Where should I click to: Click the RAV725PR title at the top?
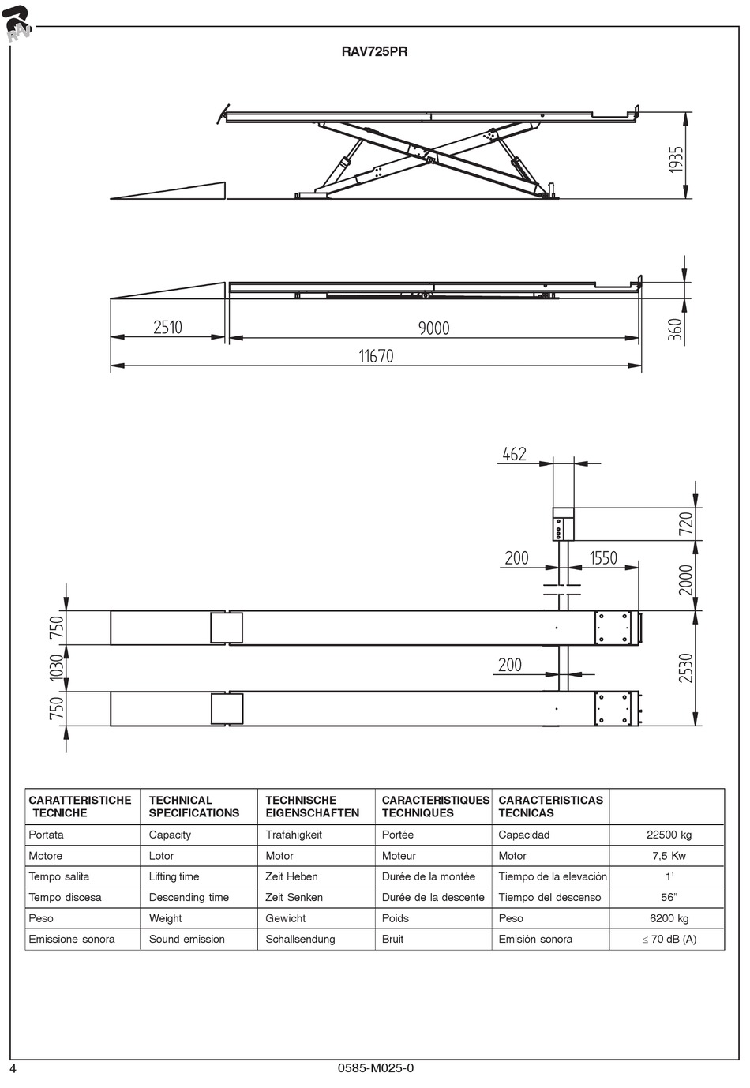pos(374,53)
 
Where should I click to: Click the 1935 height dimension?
pos(676,159)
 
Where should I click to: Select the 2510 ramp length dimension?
pos(167,327)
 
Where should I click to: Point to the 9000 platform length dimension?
pos(433,328)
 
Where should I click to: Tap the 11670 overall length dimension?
pos(376,356)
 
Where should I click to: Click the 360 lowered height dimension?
pos(675,328)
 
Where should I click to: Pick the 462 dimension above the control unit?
pos(514,454)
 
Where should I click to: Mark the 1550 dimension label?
pos(603,558)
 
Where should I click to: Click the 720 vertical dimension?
pos(685,524)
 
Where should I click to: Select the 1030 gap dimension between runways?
pos(56,668)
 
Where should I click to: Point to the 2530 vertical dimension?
pos(685,668)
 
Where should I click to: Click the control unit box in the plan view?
pos(564,524)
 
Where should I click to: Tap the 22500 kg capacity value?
pos(669,835)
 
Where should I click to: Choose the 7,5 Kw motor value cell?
pos(668,856)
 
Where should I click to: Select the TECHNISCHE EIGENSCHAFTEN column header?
pos(312,806)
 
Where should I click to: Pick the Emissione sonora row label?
pos(72,939)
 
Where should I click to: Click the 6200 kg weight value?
pos(668,918)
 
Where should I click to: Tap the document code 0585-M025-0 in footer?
pos(375,1068)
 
